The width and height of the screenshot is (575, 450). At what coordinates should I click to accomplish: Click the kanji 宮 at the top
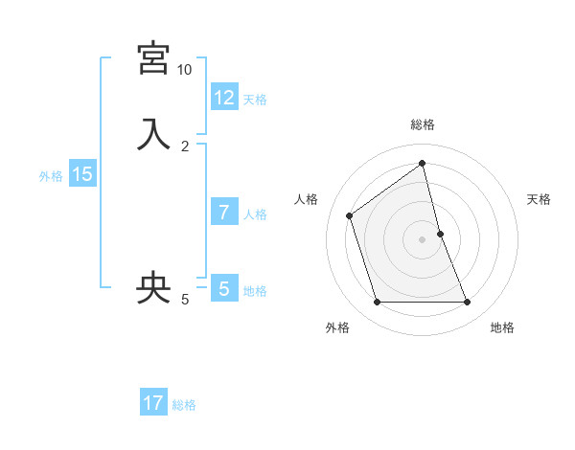point(153,59)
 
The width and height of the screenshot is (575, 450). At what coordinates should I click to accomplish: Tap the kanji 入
point(153,133)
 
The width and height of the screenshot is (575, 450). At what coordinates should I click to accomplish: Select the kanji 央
point(153,287)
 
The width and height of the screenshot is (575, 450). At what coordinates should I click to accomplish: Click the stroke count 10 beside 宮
point(184,70)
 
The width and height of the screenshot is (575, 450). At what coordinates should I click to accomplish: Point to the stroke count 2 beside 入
point(184,146)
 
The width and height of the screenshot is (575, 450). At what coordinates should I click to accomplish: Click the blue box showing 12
point(224,98)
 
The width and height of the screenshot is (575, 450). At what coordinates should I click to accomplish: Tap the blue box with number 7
point(224,212)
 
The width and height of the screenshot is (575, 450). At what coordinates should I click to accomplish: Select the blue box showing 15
point(82,174)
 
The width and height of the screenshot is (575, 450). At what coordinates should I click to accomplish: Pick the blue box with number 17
point(153,403)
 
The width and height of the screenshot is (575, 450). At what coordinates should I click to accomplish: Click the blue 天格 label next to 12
point(255,100)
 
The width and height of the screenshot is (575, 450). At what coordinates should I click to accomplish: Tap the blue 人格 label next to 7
point(255,214)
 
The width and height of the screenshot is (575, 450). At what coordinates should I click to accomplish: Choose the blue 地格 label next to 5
point(255,290)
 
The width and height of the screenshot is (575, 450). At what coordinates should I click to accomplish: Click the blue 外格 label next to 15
point(51,176)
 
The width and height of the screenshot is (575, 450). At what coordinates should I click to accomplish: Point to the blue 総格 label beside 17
point(184,405)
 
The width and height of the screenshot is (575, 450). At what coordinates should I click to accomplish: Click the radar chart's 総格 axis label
point(423,125)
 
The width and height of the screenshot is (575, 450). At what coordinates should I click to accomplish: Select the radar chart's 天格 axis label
point(539,199)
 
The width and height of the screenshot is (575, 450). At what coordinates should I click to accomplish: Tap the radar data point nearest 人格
point(350,215)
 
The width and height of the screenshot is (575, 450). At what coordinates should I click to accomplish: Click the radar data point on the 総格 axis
point(423,163)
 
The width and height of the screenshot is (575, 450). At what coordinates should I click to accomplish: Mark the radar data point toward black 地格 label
point(468,303)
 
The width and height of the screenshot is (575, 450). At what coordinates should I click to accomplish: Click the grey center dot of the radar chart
point(423,239)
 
